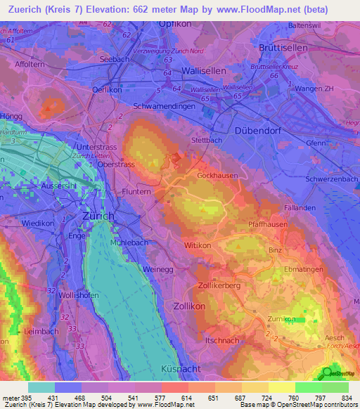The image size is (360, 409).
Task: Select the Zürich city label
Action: click(x=98, y=216)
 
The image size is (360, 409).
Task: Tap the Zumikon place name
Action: click(x=283, y=319)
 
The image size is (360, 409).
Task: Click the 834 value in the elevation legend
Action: click(x=347, y=398)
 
